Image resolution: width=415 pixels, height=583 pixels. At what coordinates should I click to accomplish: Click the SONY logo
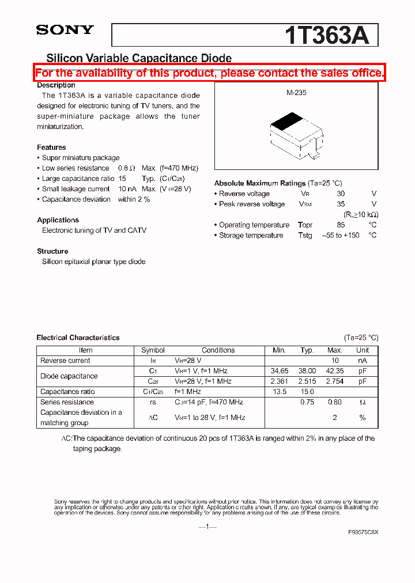coord(65,31)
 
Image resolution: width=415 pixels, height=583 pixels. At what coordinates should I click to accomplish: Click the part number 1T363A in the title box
coord(326,36)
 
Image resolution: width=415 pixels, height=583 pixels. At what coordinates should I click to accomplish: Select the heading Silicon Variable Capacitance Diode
coord(138,58)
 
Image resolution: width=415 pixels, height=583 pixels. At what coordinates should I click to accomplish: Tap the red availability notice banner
coord(209,73)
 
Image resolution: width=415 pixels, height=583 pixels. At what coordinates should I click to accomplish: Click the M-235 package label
coord(296,92)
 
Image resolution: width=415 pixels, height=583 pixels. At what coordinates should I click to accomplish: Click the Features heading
coord(51,147)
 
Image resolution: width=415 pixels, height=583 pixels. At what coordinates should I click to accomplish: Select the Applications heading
coord(58,220)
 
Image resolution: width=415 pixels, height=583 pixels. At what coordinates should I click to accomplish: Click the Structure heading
coord(52,251)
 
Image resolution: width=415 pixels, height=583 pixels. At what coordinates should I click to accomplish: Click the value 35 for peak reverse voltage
coord(341,204)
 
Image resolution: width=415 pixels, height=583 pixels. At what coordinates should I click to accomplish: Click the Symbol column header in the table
coord(153,350)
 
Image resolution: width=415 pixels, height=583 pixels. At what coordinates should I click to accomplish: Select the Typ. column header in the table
coord(307,350)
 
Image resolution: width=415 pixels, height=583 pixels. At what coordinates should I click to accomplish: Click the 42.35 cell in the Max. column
coord(334,371)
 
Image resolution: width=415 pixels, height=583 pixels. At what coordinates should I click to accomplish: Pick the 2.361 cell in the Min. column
coord(279,381)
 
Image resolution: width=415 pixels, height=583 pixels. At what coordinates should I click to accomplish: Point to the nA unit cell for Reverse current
coord(362,361)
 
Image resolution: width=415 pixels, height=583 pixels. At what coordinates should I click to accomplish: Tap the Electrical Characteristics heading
coord(78,338)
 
